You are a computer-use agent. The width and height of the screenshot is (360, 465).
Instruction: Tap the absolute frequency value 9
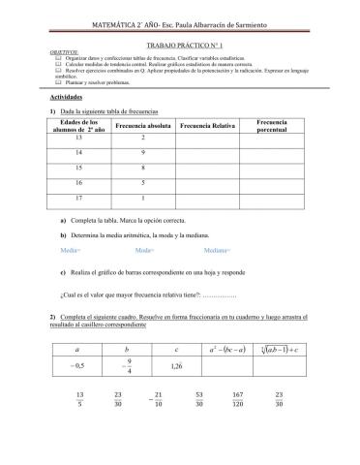coord(142,161)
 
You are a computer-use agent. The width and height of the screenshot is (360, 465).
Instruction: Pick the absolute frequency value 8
coord(142,181)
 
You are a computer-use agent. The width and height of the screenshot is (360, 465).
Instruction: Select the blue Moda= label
coord(143,277)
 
